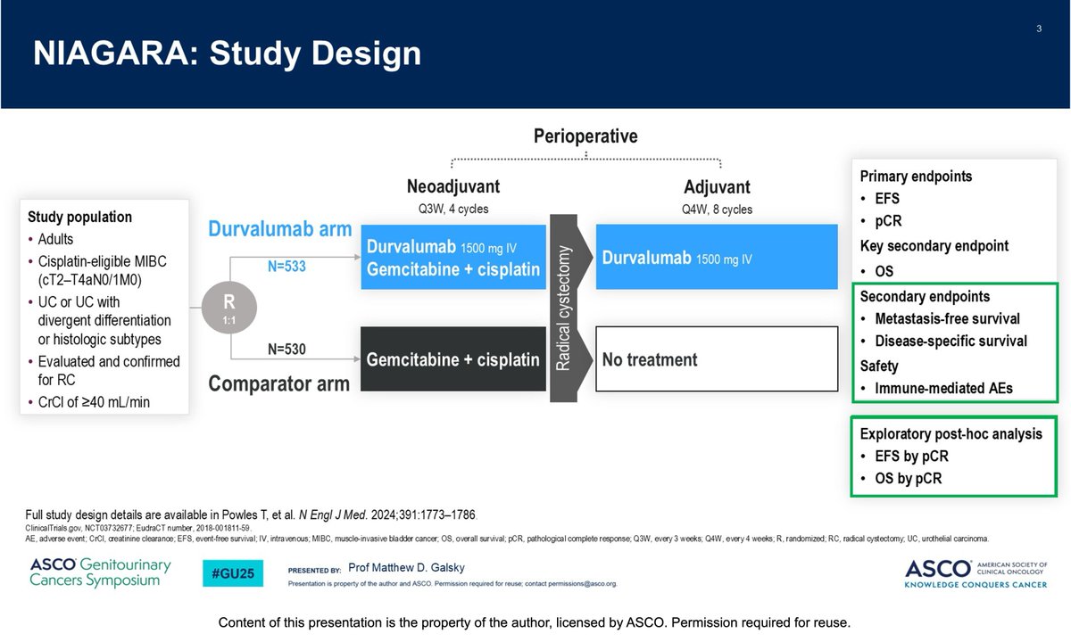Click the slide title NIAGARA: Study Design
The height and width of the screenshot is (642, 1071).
227,53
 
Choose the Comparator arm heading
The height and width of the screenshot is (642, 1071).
278,384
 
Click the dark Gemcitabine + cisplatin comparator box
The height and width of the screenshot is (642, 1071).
452,359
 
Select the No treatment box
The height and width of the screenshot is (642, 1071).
717,359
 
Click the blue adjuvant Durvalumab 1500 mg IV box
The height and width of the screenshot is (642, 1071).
717,256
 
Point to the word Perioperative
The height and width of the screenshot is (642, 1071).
585,136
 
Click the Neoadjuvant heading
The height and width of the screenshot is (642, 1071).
453,188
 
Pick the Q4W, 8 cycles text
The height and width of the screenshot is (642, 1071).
718,210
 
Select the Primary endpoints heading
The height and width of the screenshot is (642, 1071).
916,177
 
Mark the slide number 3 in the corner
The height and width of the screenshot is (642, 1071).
1039,29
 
